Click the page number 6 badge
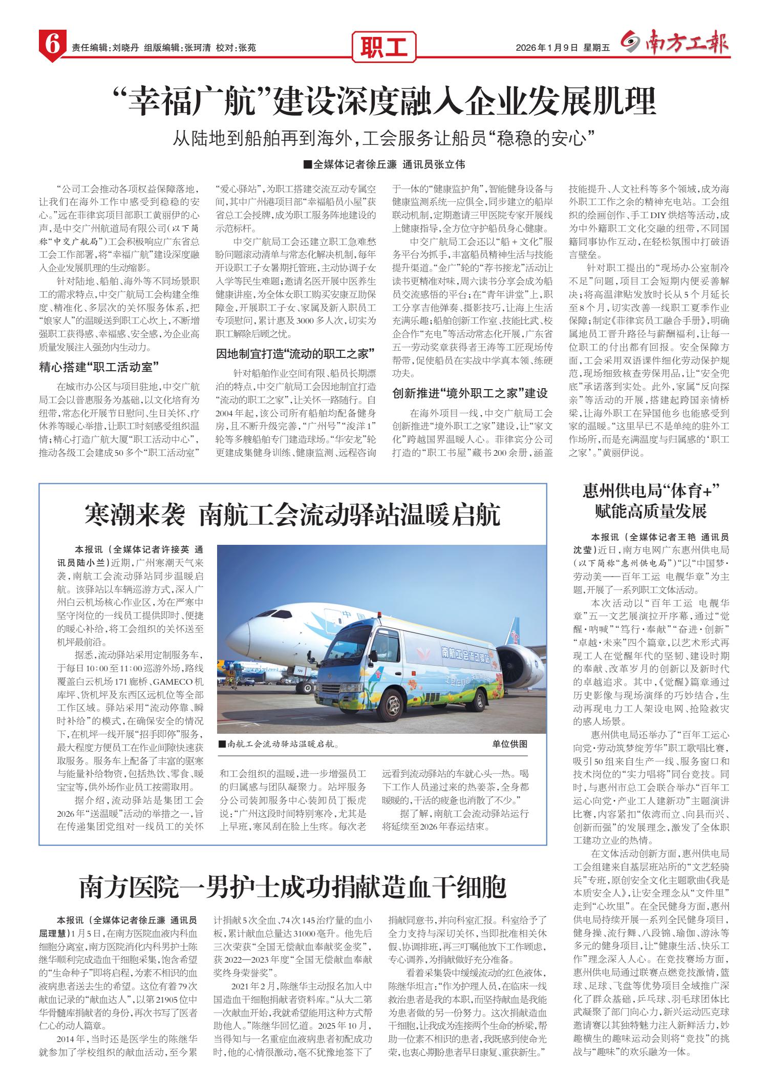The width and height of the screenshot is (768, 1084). (52, 47)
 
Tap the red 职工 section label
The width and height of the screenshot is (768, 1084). (384, 47)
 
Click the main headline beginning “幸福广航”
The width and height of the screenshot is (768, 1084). (384, 101)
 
